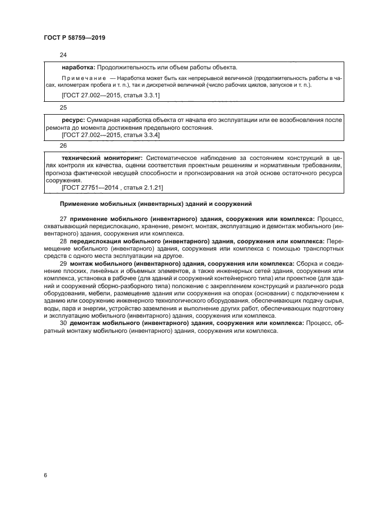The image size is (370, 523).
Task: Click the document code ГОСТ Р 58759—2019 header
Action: coord(74,37)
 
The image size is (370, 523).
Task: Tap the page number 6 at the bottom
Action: coord(45,475)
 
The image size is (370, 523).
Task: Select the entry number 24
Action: coord(63,55)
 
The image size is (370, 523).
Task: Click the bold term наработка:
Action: coord(78,67)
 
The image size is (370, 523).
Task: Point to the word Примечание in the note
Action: coord(83,78)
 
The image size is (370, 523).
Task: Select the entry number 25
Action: coord(63,107)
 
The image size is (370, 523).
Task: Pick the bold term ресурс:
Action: coord(73,120)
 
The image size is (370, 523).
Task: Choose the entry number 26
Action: coord(63,147)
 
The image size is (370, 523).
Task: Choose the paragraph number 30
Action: coord(63,323)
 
